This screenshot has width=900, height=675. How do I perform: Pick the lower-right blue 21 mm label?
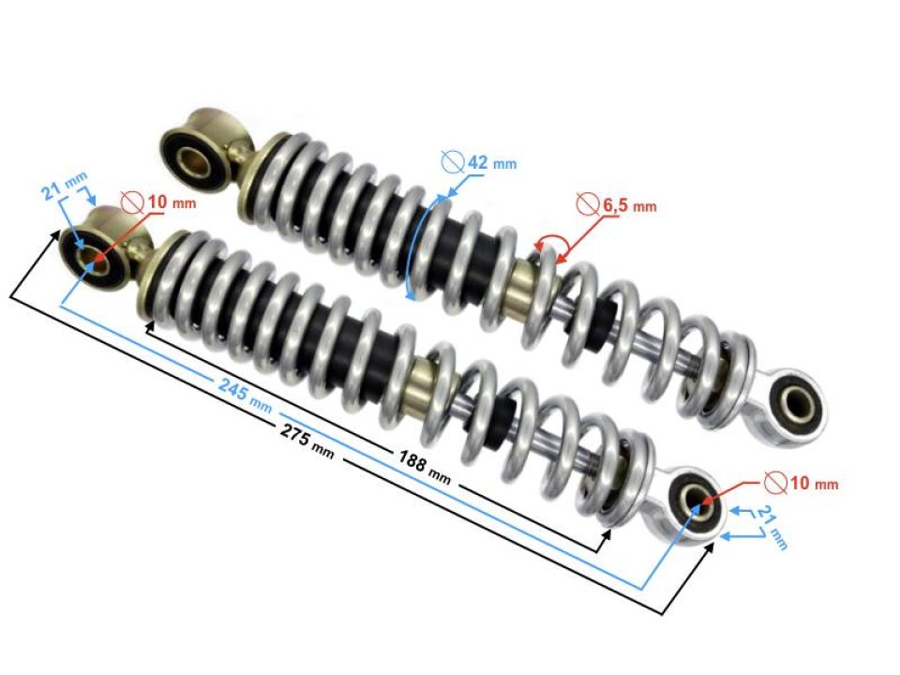point(772,527)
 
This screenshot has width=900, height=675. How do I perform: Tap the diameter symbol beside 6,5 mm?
point(588,202)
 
